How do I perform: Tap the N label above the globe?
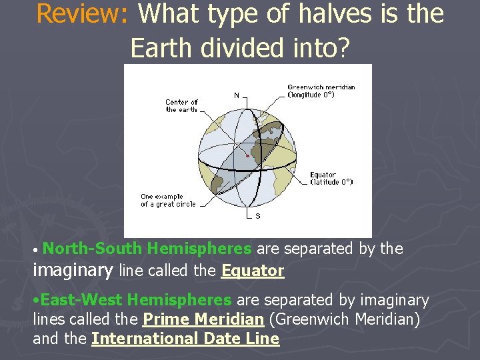pyautogui.click(x=237, y=95)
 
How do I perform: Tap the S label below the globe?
pyautogui.click(x=258, y=215)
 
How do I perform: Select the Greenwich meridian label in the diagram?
pyautogui.click(x=321, y=91)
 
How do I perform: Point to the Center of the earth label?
pyautogui.click(x=181, y=106)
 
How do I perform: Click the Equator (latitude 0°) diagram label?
pyautogui.click(x=331, y=179)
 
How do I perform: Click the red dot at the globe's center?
pyautogui.click(x=248, y=155)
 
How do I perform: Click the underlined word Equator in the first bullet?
pyautogui.click(x=253, y=271)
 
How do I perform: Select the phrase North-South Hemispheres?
pyautogui.click(x=147, y=249)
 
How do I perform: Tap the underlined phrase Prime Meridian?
pyautogui.click(x=203, y=319)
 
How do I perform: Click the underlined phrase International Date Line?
pyautogui.click(x=185, y=339)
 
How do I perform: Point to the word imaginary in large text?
pyautogui.click(x=73, y=270)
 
